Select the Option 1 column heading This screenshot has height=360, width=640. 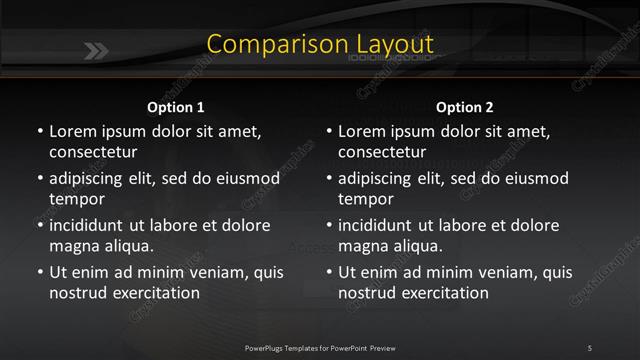point(175,107)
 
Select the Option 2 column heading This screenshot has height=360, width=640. point(465,107)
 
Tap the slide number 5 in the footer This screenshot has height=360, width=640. point(589,347)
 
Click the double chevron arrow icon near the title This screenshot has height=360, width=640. point(97,51)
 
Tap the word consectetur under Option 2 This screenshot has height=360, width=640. point(383,153)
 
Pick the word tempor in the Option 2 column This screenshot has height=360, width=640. point(365,199)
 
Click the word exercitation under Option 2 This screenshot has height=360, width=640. point(441,293)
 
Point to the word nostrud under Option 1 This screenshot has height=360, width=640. point(75,293)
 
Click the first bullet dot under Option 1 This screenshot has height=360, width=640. point(39,132)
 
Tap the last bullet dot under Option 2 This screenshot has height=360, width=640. point(329,272)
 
